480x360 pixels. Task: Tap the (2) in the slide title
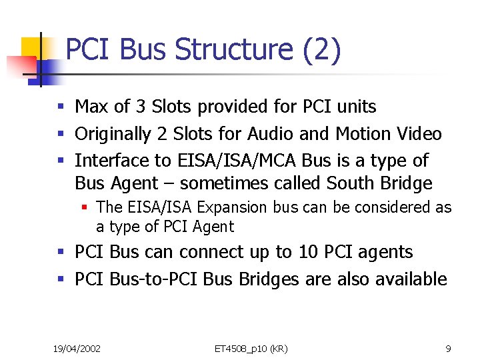[x=322, y=51]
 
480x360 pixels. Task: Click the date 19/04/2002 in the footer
[x=77, y=349]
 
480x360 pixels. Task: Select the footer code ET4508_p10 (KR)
[x=251, y=349]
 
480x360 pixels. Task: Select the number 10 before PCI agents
[x=309, y=252]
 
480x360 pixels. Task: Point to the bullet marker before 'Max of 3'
[x=61, y=107]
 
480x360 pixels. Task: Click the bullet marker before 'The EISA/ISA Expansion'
[x=85, y=208]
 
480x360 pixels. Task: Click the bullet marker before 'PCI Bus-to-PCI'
[x=61, y=279]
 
